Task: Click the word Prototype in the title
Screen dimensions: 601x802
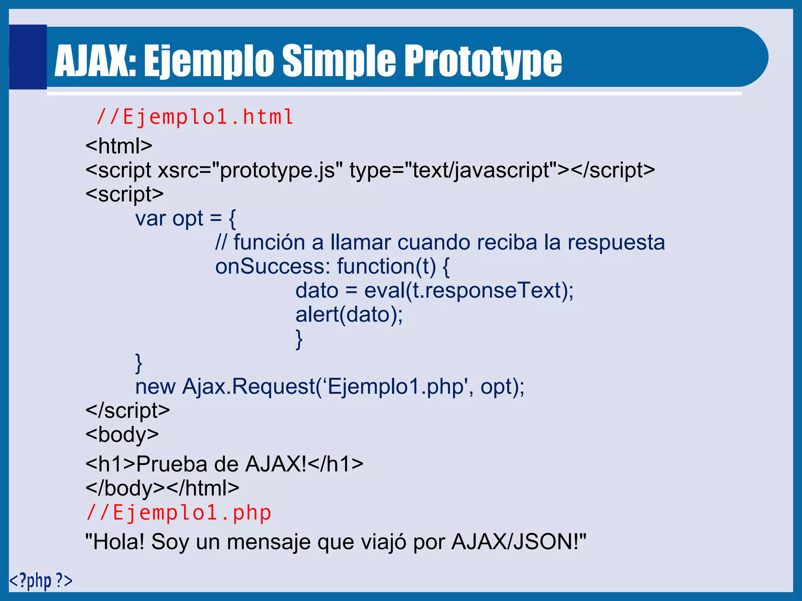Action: (x=482, y=61)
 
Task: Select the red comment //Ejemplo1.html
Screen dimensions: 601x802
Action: (x=195, y=117)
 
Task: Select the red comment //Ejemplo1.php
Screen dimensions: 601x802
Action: (x=179, y=513)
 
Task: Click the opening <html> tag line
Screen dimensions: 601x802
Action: (x=119, y=146)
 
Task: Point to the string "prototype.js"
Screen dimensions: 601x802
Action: (x=277, y=170)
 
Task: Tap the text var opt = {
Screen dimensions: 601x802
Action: (x=186, y=219)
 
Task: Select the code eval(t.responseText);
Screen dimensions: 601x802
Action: (x=469, y=291)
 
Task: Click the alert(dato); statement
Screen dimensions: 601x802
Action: (x=349, y=315)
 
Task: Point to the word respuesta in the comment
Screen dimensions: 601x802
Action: (x=616, y=243)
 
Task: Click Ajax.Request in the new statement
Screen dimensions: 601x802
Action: (x=249, y=387)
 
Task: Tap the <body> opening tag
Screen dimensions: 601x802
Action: (x=122, y=434)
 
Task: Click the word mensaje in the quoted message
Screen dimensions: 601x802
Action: (x=269, y=542)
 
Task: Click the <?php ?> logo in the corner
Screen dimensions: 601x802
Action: (x=41, y=580)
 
